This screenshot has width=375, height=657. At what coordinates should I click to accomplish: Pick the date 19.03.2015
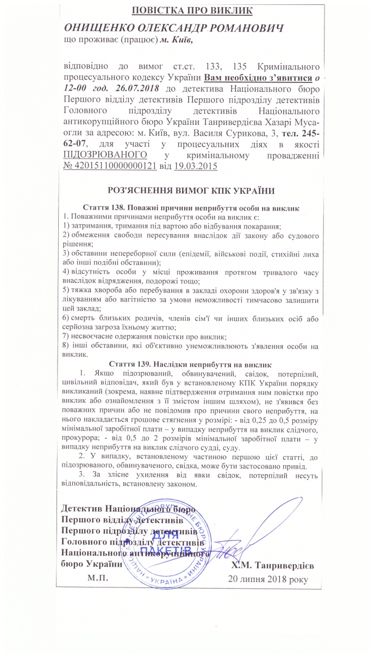coord(195,166)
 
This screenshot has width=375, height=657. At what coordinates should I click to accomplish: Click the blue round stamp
coord(164,537)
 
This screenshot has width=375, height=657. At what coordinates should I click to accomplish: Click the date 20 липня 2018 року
coord(267,579)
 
